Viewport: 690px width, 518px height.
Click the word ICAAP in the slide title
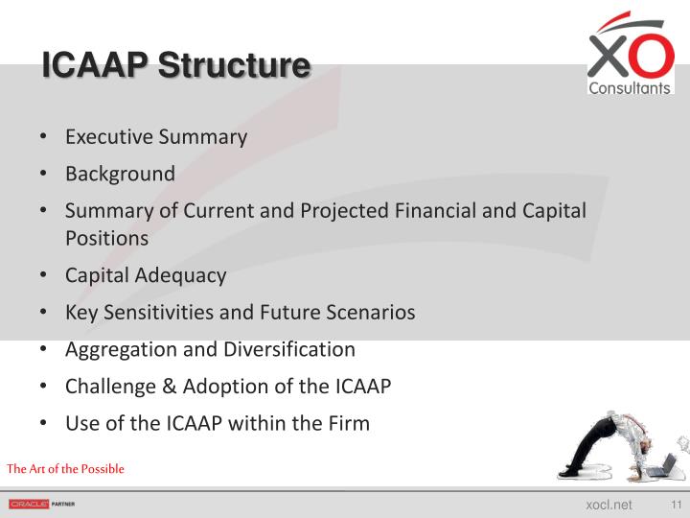[x=95, y=67]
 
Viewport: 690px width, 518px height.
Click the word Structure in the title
[x=234, y=67]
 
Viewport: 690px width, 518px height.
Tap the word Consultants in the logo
[x=630, y=88]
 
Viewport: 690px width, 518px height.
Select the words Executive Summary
[x=155, y=137]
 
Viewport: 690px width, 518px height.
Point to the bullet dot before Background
[x=44, y=175]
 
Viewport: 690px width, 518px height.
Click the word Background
[x=120, y=175]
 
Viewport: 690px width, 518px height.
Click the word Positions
[x=106, y=238]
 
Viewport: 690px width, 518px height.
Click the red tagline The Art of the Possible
[x=65, y=469]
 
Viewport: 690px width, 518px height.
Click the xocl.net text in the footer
[x=609, y=505]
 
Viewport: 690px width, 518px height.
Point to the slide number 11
[x=676, y=505]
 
